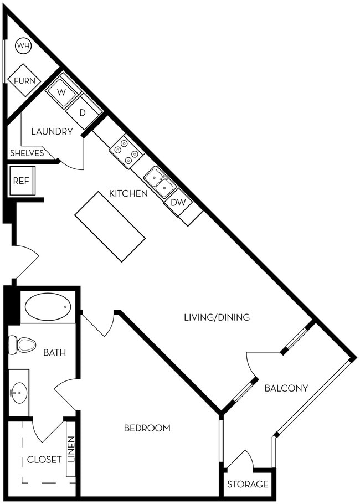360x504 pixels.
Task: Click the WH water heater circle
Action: (x=23, y=45)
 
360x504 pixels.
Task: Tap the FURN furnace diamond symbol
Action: (x=24, y=81)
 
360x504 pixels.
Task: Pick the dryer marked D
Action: (x=83, y=112)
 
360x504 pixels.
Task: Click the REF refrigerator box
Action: (x=22, y=181)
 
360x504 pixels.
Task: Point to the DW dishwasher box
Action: (x=178, y=203)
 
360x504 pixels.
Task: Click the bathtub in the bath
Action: (x=48, y=307)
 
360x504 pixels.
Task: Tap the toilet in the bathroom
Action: (x=22, y=345)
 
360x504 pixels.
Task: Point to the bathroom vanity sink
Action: (x=18, y=394)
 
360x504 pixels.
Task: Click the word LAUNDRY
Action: (x=52, y=132)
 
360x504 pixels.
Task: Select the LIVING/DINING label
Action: (x=217, y=317)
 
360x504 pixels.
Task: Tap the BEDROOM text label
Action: (x=147, y=428)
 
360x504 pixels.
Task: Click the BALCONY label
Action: (x=286, y=388)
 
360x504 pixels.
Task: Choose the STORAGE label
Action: (x=248, y=485)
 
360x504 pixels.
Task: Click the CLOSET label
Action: (x=44, y=460)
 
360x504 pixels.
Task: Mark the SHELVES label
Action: (x=27, y=153)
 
